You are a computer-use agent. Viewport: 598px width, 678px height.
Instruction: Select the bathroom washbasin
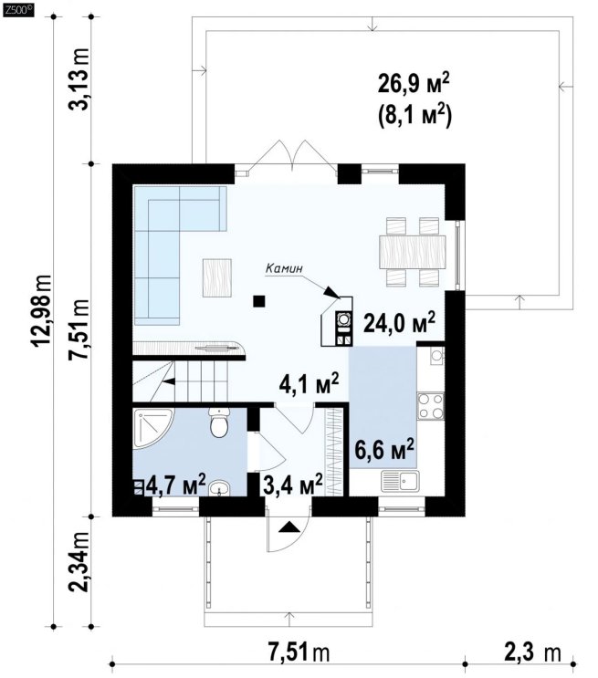pos(219,488)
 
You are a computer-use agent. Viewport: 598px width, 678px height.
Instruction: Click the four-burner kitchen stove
pos(431,405)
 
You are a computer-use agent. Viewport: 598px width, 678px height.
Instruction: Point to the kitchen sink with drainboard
pos(400,481)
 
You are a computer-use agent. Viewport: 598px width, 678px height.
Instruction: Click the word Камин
pos(284,268)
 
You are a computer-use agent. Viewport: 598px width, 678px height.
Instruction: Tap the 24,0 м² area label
pos(399,322)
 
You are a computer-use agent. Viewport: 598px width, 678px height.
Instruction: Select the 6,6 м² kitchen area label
pos(384,450)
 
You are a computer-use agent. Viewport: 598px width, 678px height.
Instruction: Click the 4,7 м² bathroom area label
pos(175,485)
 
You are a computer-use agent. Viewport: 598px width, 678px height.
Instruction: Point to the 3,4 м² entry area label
pos(293,485)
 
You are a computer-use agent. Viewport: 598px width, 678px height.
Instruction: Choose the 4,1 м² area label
pos(309,383)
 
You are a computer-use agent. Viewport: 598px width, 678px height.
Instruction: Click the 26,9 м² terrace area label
pos(414,84)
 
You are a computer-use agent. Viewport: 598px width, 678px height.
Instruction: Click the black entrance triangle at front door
pos(289,527)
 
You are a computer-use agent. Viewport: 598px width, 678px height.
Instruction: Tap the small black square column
pos(258,301)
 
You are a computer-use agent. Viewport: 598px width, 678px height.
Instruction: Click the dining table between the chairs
pos(412,251)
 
